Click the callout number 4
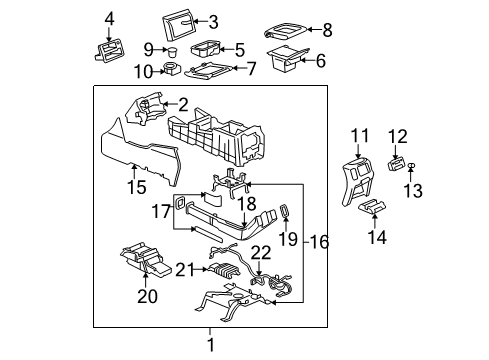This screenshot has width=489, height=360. [110, 17]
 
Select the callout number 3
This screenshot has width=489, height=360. [212, 21]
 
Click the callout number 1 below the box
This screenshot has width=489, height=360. [209, 344]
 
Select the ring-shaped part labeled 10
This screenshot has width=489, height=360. [172, 70]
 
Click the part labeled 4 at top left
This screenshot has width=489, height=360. [109, 47]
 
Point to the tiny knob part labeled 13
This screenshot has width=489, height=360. [412, 165]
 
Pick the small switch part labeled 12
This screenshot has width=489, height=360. [397, 163]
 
